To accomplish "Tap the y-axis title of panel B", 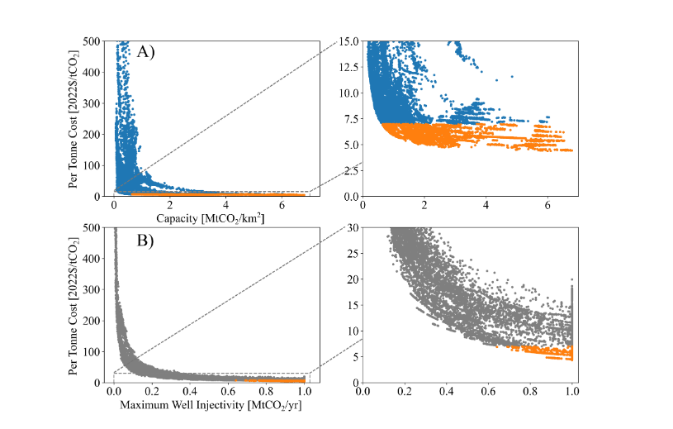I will [76, 305].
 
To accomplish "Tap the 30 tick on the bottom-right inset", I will [353, 227].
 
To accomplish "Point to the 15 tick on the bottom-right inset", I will [353, 305].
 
